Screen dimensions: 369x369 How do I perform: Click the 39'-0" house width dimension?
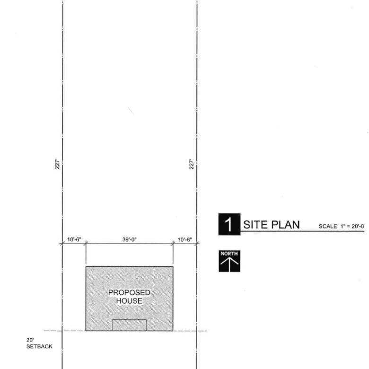(x=130, y=239)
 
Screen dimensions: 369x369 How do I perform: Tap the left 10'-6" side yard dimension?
(x=74, y=239)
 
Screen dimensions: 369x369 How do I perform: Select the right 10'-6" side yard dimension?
(x=184, y=239)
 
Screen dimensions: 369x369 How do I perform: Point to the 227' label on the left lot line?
(x=57, y=164)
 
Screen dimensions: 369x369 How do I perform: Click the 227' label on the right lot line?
(x=192, y=164)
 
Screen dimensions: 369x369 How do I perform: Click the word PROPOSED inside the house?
(x=129, y=292)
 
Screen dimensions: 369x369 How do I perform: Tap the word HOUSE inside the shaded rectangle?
(x=129, y=301)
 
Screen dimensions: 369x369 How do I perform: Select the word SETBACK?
(x=39, y=346)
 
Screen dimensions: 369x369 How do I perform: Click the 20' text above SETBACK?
(x=30, y=340)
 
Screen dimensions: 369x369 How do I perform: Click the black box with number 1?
(x=229, y=224)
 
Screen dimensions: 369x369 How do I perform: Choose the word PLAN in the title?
(x=285, y=225)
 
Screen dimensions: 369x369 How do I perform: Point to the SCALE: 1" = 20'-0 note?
(x=342, y=226)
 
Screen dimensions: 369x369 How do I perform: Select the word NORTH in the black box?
(x=229, y=254)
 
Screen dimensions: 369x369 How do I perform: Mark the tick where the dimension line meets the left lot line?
(x=62, y=243)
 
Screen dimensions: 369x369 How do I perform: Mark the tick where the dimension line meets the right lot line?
(x=197, y=243)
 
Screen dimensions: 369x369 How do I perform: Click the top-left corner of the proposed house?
(x=86, y=267)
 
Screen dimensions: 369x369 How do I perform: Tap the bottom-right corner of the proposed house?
(x=173, y=331)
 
